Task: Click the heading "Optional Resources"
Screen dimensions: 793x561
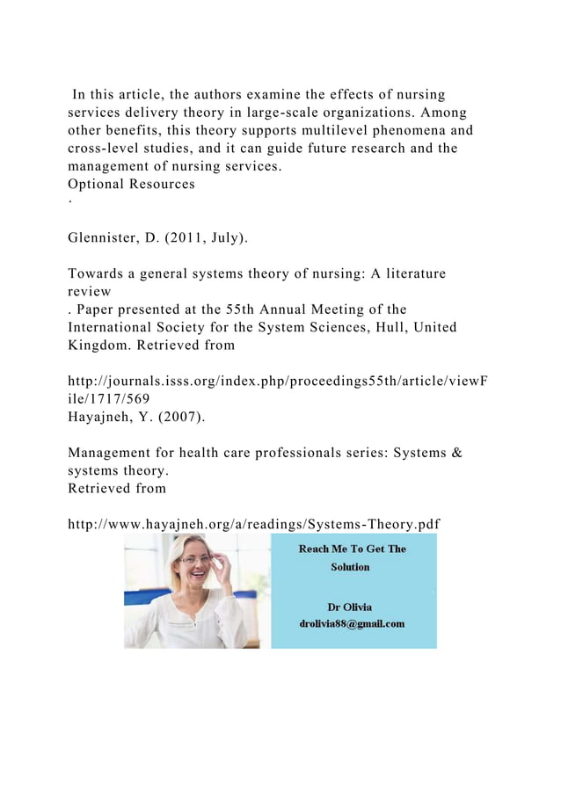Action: click(132, 185)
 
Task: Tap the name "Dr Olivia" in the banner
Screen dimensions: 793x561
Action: click(349, 607)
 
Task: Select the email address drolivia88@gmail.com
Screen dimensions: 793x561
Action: click(352, 623)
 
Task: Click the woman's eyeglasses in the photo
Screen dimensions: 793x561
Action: click(195, 559)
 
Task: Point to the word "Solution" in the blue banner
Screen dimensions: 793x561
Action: click(350, 567)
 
